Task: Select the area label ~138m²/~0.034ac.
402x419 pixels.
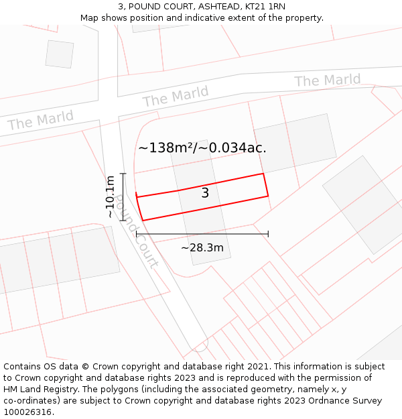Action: click(202, 148)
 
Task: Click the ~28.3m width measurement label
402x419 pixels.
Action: click(202, 248)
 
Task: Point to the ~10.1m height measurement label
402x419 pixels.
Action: click(110, 197)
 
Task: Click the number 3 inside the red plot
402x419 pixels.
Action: click(205, 194)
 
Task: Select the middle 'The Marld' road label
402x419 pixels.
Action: click(176, 97)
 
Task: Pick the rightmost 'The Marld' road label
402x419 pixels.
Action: click(327, 80)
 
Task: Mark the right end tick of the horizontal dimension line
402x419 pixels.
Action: click(268, 234)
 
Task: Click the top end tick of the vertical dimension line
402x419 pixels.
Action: click(123, 174)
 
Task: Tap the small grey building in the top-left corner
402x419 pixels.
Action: click(60, 54)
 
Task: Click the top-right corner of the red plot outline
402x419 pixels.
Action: click(263, 174)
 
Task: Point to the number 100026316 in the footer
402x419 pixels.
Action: click(27, 412)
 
